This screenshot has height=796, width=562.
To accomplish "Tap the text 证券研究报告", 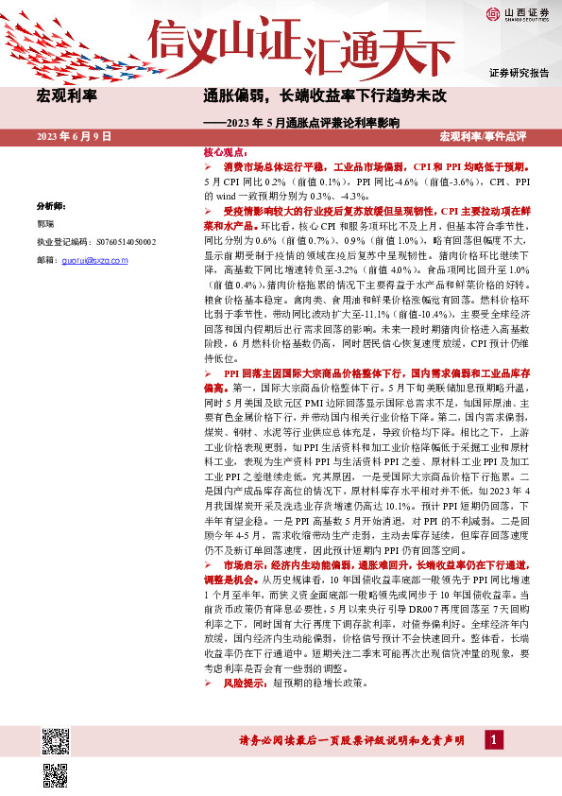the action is pyautogui.click(x=519, y=73).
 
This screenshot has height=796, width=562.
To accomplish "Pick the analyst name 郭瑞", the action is pyautogui.click(x=45, y=223).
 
